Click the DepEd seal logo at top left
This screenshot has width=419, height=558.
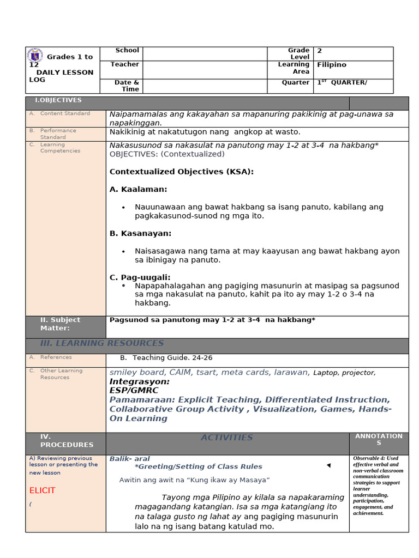pos(36,56)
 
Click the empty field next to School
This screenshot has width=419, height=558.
pos(205,53)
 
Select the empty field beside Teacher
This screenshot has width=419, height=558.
pos(205,69)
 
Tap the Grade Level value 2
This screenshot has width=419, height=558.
pos(320,51)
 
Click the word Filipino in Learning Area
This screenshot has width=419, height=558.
pos(332,65)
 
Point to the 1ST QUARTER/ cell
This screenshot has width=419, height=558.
pos(342,83)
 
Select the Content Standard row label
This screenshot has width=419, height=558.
pos(65,114)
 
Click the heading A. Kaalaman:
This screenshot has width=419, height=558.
pos(139,189)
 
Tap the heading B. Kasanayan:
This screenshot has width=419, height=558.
pos(141,233)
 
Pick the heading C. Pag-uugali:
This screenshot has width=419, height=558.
pos(140,277)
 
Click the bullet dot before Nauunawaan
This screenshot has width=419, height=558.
pos(124,208)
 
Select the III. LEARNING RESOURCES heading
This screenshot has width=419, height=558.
pos(102,343)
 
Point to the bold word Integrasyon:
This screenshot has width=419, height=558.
pos(140,381)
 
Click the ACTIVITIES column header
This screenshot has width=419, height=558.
pos(227,438)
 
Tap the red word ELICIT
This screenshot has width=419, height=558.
pos(42,490)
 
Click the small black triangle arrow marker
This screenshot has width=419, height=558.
pos(328,465)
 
